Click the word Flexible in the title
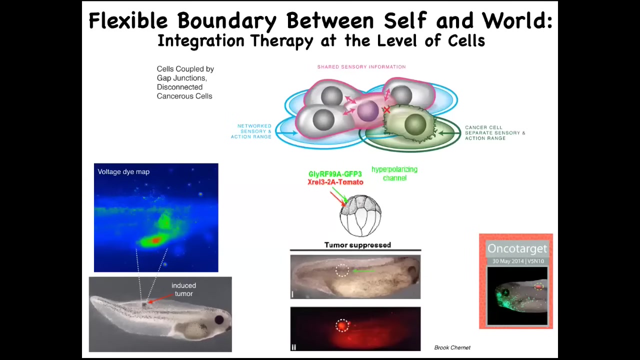point(128,20)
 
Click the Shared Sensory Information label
point(361,67)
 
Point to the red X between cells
point(386,109)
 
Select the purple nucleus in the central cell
point(367,111)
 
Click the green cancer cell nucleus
point(415,124)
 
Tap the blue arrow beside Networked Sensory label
point(286,132)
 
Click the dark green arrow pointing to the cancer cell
point(449,133)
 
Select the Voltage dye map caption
point(123,171)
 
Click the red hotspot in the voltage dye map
point(155,240)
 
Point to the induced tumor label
point(183,289)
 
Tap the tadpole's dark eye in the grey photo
point(219,319)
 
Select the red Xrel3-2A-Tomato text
point(335,182)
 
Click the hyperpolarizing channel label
point(394,173)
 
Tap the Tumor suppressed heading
point(357,245)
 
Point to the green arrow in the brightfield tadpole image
point(363,271)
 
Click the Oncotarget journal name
point(517,248)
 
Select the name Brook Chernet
point(452,347)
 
